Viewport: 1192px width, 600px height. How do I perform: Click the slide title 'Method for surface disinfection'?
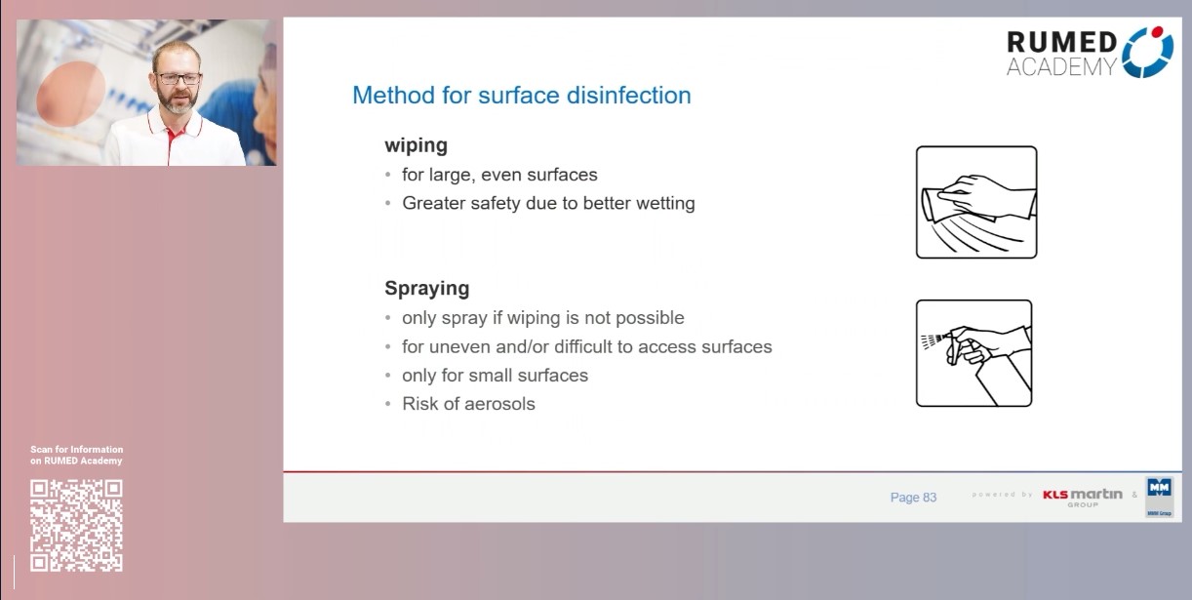click(x=521, y=96)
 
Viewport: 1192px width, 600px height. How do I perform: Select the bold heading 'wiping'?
click(x=416, y=145)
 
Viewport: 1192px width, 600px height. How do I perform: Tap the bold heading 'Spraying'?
click(x=426, y=289)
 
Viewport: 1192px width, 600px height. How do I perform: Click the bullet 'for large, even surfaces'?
click(x=499, y=176)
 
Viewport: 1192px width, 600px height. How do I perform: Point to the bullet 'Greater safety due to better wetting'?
click(x=548, y=204)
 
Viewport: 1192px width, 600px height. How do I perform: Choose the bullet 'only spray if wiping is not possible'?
click(x=542, y=318)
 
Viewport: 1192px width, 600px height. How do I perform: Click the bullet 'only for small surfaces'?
click(x=495, y=376)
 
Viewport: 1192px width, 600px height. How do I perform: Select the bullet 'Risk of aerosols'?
click(x=468, y=404)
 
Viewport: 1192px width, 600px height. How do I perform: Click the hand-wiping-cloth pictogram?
click(x=975, y=202)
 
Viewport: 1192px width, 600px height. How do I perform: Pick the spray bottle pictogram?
click(x=973, y=353)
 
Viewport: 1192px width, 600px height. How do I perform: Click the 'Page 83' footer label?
click(x=913, y=498)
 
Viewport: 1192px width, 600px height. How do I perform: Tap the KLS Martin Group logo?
click(x=1082, y=497)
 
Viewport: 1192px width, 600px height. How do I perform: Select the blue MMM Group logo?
click(x=1159, y=497)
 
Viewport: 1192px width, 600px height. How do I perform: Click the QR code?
click(x=76, y=525)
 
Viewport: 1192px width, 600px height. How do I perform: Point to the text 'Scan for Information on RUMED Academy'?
click(x=76, y=455)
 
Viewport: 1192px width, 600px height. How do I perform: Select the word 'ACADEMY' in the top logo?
click(x=1060, y=67)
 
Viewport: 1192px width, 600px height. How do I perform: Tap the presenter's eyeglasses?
click(x=178, y=79)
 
